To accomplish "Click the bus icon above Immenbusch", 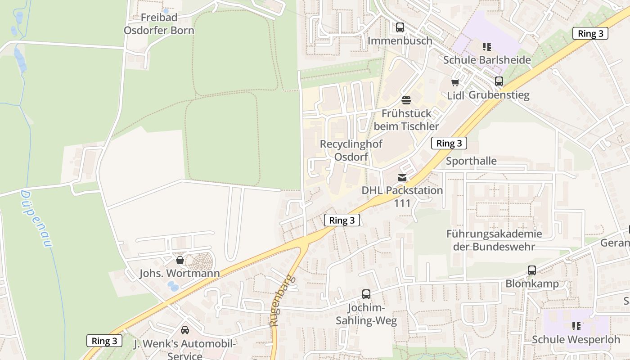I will point(400,27).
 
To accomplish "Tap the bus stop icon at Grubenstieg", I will point(499,81).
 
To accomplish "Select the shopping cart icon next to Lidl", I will point(455,82).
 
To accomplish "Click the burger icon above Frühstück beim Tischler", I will point(406,100).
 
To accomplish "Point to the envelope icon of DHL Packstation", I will point(402,177).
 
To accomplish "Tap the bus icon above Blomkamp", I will point(531,270).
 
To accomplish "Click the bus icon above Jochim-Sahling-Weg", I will point(366,294).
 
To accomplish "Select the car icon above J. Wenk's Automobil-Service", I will point(184,330).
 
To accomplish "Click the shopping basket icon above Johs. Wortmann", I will point(180,260).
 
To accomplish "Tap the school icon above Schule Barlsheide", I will point(486,46).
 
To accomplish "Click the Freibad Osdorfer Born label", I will point(159,24).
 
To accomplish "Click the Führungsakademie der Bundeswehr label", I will point(494,240).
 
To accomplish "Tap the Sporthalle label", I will point(471,161).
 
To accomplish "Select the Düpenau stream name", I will point(36,219).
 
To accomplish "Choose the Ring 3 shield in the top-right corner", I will point(590,33).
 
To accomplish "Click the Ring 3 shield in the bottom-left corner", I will point(104,341).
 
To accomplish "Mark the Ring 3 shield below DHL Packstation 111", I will point(342,220).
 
